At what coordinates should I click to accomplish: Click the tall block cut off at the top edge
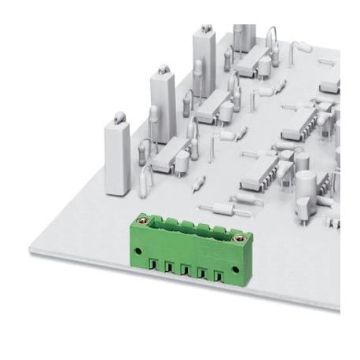pos(244,35)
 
